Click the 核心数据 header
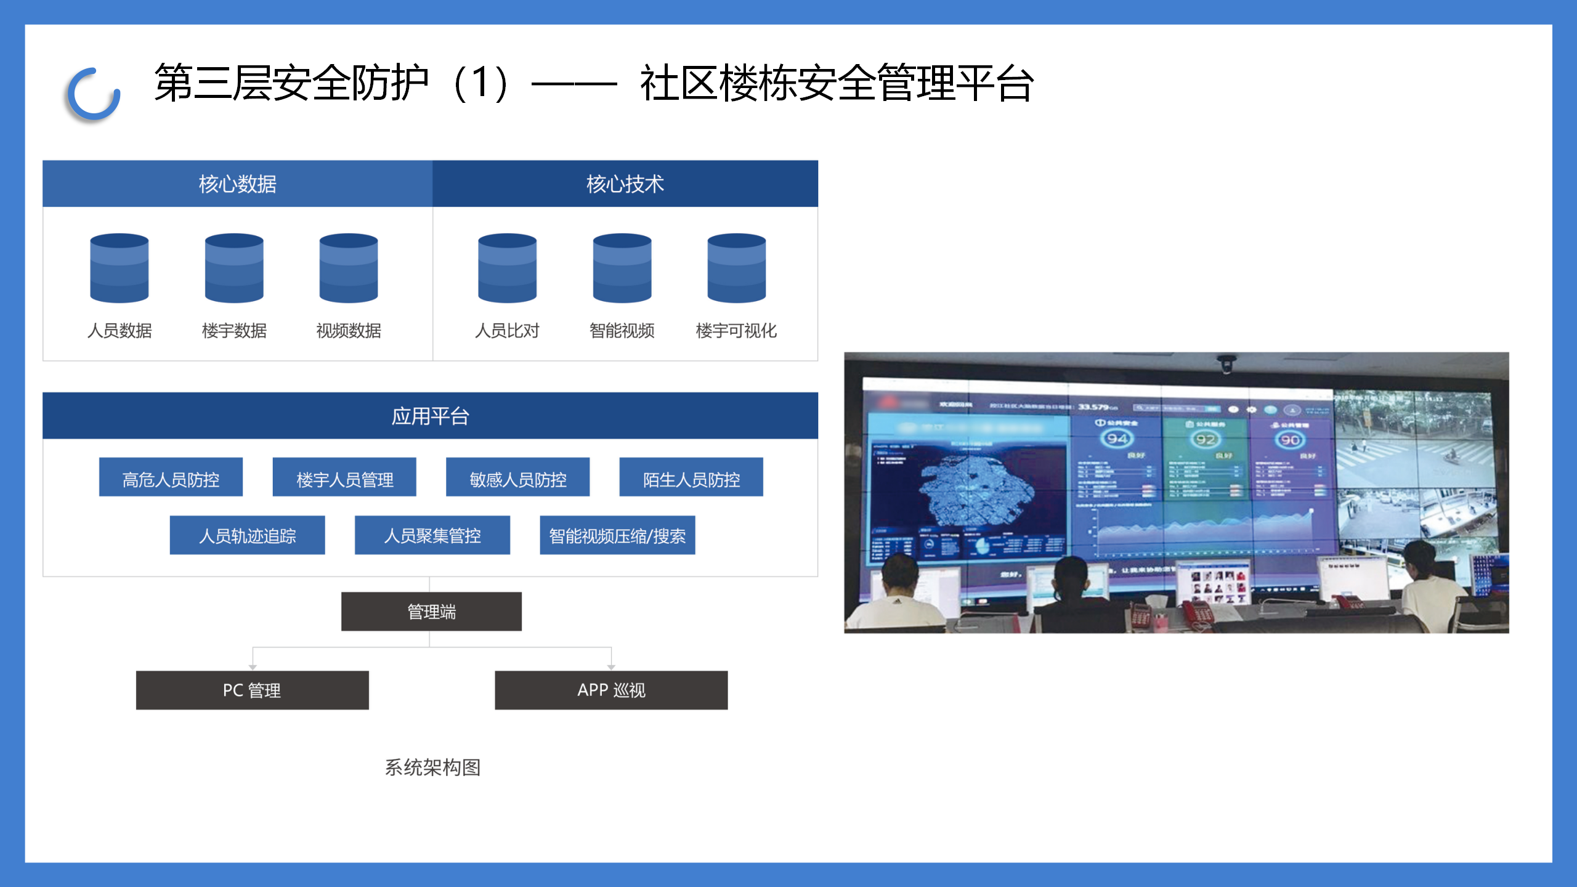[237, 184]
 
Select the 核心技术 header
[625, 184]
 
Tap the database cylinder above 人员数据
[119, 268]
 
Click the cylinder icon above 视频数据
[348, 268]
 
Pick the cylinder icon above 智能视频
[622, 268]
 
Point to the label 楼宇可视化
[736, 331]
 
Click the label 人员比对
[507, 331]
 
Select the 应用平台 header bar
[430, 416]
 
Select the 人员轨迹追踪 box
[247, 535]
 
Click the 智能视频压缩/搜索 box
[617, 535]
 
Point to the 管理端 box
[431, 612]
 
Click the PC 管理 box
[252, 690]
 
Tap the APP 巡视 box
[611, 690]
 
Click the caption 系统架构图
[432, 767]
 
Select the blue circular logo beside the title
[94, 94]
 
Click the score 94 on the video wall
[1117, 439]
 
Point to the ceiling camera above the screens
[1226, 365]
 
